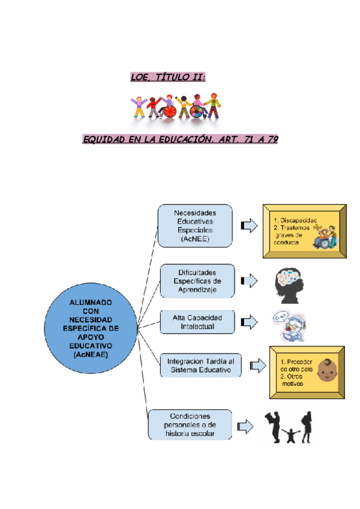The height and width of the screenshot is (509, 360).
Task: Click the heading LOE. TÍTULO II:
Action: [168, 77]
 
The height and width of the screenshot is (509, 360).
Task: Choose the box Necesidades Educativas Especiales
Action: [195, 226]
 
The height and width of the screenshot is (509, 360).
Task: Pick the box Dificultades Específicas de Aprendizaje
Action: [197, 281]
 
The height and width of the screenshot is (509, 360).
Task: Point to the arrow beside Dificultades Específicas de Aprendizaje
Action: [248, 280]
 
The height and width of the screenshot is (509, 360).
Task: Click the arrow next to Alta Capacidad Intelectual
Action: [248, 322]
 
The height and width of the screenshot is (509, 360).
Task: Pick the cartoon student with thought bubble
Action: [288, 326]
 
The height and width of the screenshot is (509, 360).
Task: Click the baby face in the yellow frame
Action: [326, 370]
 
